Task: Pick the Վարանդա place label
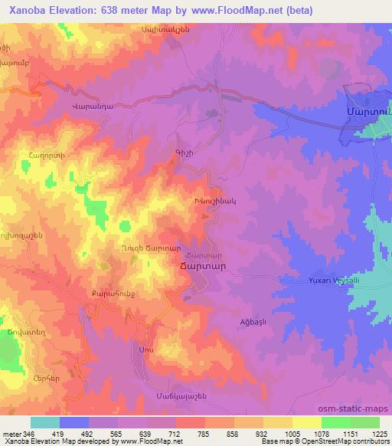tap(92, 107)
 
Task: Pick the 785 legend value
tap(204, 434)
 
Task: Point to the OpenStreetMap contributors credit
tap(349, 441)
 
